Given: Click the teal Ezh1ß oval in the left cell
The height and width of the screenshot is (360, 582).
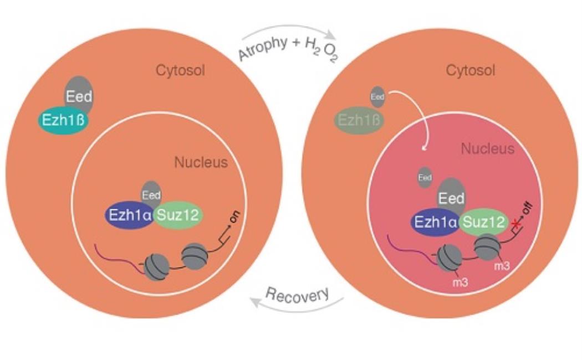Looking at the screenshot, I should tap(63, 120).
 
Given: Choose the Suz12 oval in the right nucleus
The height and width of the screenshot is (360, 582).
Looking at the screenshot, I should tap(484, 223).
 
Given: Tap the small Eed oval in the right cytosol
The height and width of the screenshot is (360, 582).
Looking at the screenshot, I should tap(377, 97).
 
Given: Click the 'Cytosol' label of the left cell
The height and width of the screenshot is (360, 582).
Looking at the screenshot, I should tap(180, 70).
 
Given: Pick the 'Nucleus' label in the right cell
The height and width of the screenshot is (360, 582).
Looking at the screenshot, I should tap(488, 148).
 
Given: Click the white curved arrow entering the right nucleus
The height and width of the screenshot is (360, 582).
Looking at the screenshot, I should tap(415, 114).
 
